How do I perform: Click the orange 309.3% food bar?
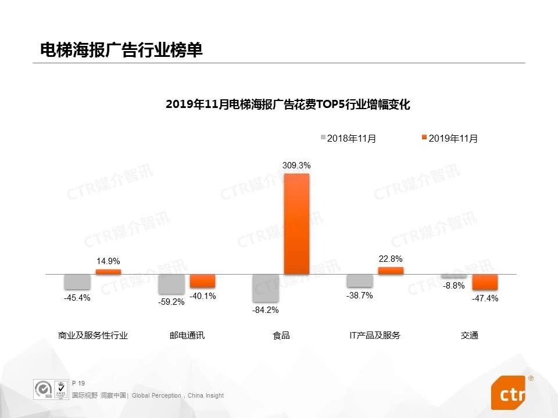click(296, 224)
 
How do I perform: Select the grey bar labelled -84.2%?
click(265, 288)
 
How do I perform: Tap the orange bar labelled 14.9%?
click(109, 272)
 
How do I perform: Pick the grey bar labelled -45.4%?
click(77, 282)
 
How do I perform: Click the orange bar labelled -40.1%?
click(202, 281)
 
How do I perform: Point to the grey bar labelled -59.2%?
click(171, 284)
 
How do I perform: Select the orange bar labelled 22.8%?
click(391, 271)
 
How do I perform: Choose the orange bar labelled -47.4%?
click(485, 282)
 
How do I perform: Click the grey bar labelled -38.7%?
click(360, 280)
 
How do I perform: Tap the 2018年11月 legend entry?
click(348, 138)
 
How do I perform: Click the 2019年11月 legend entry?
click(450, 138)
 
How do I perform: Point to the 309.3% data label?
click(296, 165)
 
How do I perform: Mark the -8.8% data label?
click(454, 286)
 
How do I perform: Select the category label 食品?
click(281, 336)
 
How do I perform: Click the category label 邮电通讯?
click(187, 336)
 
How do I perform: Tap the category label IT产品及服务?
click(375, 336)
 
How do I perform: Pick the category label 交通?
click(469, 336)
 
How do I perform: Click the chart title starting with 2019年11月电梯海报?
click(288, 105)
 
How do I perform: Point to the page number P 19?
click(78, 383)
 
